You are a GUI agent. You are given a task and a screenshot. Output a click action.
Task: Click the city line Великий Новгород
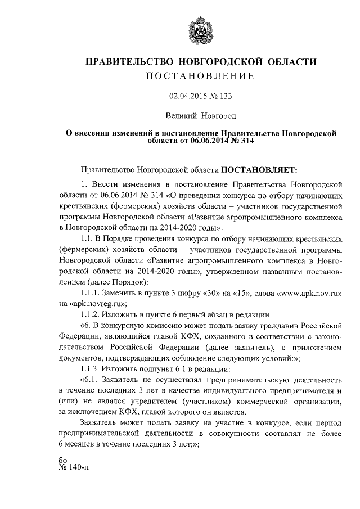pyautogui.click(x=201, y=117)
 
